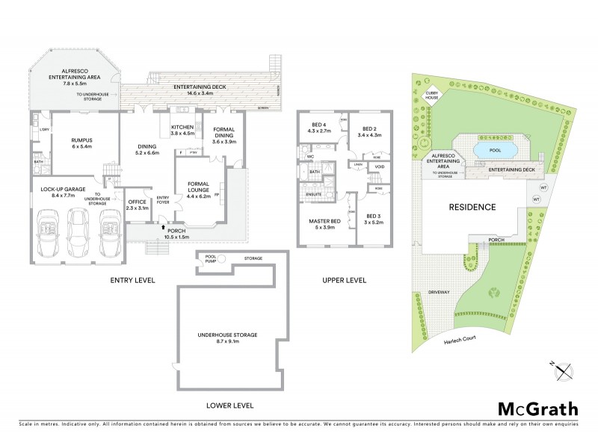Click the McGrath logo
click(x=537, y=408)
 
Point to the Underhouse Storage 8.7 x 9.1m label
click(x=232, y=338)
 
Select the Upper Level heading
click(x=344, y=281)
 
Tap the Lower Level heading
click(x=229, y=405)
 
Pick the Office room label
click(x=136, y=205)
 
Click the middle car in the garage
click(x=77, y=225)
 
